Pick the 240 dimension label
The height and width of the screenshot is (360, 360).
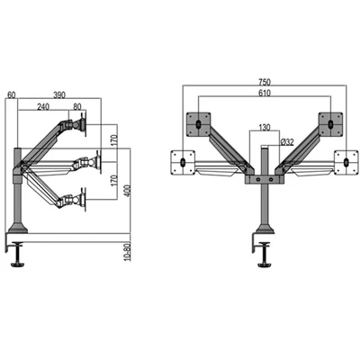[x=44, y=105]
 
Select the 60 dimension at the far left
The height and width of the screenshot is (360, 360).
[x=10, y=94]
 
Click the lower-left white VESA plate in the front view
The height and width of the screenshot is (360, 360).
[x=184, y=162]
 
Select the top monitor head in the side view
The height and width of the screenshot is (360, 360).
[x=89, y=125]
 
